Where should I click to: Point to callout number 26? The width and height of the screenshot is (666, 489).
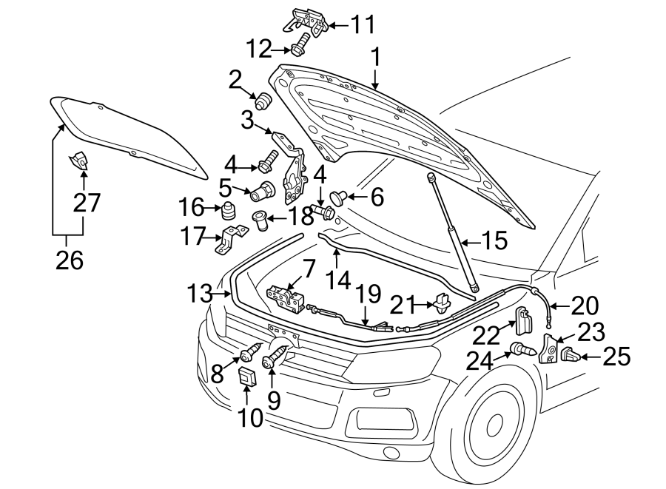coord(67,260)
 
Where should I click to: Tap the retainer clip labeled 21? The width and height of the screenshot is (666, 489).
coord(443,303)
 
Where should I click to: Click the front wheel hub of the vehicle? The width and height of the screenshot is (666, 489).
coord(494,426)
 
